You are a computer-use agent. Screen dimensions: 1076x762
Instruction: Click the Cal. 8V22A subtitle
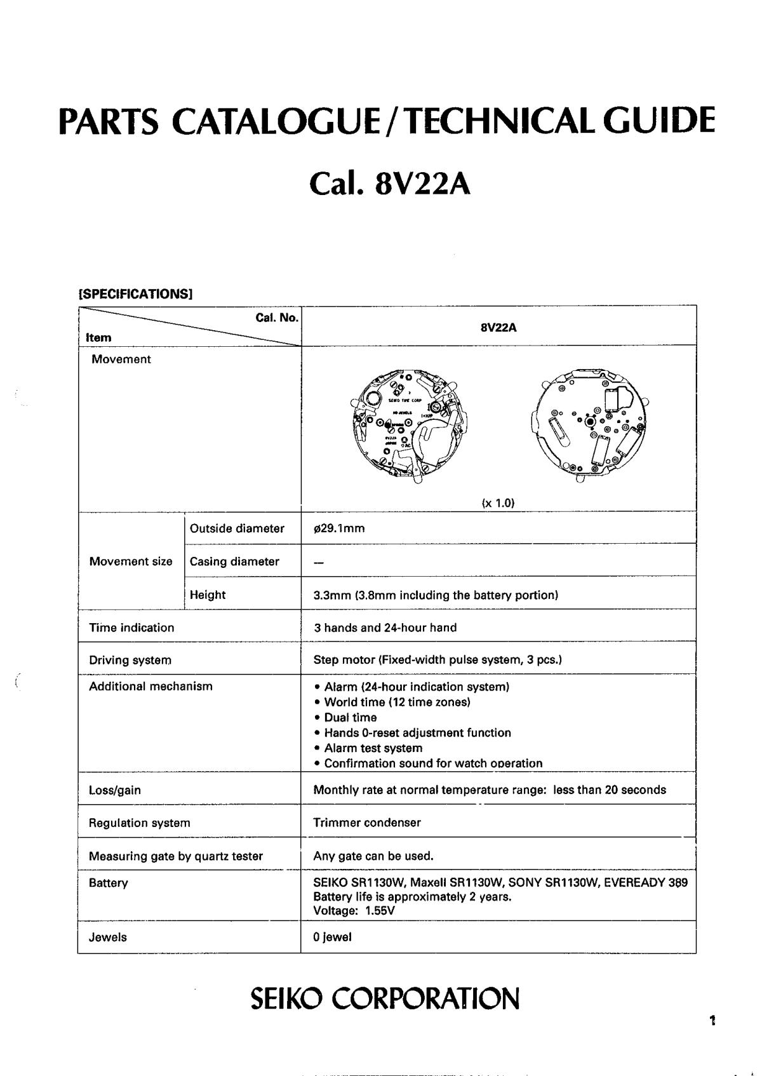click(x=390, y=184)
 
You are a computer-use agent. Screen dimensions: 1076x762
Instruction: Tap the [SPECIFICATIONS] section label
click(x=135, y=294)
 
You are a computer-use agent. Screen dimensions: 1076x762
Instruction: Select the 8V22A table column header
click(x=498, y=328)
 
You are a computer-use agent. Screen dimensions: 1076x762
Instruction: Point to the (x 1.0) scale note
click(x=498, y=503)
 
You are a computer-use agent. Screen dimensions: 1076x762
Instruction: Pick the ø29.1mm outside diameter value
click(x=339, y=528)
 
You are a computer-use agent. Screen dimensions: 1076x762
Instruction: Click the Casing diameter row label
click(x=234, y=562)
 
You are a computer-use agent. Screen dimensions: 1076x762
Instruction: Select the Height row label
click(x=208, y=595)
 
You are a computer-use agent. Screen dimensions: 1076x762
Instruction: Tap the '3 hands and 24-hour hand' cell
click(x=385, y=628)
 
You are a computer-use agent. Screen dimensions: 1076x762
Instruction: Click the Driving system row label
click(x=130, y=660)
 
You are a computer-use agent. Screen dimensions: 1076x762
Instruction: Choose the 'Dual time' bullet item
click(x=350, y=717)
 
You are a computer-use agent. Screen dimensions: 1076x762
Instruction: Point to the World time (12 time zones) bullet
click(x=397, y=702)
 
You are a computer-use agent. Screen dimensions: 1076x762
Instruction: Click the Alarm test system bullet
click(x=373, y=748)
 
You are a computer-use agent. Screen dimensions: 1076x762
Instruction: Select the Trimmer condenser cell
click(x=367, y=823)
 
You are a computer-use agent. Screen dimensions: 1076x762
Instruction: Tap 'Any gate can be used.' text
click(x=373, y=856)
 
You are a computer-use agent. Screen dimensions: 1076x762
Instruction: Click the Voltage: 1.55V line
click(x=354, y=910)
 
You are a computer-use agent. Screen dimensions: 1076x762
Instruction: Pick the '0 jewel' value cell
click(x=332, y=937)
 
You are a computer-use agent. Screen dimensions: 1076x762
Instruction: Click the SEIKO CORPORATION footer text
click(x=385, y=998)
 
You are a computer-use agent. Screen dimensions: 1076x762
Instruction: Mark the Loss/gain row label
click(x=115, y=790)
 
